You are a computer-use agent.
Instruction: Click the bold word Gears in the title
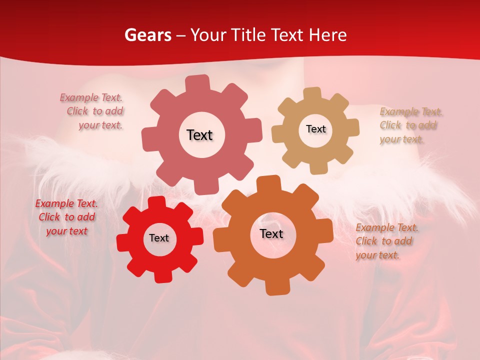click(x=147, y=35)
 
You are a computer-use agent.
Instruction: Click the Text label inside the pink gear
click(x=199, y=135)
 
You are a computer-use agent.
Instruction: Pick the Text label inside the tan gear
click(x=315, y=129)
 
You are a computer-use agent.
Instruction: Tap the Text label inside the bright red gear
click(x=159, y=238)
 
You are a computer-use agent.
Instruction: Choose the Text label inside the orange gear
click(x=271, y=233)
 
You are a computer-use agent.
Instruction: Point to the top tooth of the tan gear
click(x=312, y=93)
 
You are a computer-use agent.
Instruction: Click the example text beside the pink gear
click(x=92, y=111)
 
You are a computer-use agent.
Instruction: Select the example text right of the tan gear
click(x=410, y=125)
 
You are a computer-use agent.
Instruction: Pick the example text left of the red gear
click(x=66, y=217)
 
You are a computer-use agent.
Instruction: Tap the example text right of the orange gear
click(x=386, y=241)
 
